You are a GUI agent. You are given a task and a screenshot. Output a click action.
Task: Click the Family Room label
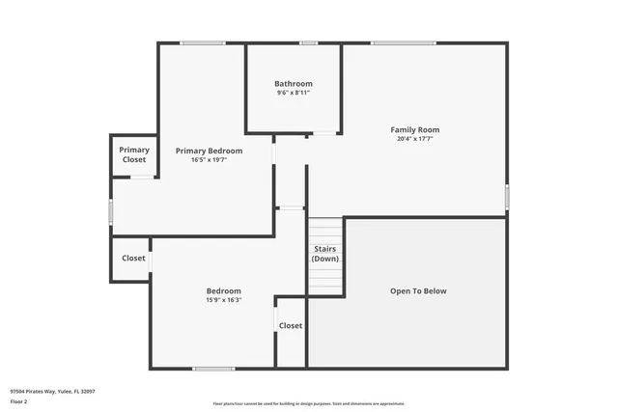[x=414, y=129]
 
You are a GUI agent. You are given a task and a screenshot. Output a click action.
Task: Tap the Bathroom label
[x=294, y=84]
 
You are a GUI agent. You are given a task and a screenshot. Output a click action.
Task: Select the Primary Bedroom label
[x=209, y=151]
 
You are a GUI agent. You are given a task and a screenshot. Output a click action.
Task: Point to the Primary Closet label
[x=134, y=154]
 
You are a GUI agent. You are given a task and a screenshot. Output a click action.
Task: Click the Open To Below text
[x=418, y=290]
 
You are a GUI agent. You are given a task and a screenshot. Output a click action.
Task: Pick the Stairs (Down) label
[x=325, y=254]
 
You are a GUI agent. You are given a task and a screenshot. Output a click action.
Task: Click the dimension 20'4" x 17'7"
[x=414, y=139]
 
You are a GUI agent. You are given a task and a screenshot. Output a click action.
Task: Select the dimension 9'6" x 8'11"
[x=294, y=93]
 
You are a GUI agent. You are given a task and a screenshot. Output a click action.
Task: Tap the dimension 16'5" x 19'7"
[x=209, y=160]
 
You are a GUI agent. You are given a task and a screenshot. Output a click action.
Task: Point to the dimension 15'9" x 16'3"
[x=224, y=300]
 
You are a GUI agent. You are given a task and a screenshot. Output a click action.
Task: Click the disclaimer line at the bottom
[x=308, y=403]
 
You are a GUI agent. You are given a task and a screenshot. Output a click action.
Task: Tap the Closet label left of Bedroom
[x=133, y=258]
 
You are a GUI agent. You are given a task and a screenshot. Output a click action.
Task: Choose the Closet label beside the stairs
[x=291, y=325]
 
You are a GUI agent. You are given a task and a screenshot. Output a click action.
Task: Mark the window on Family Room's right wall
[x=507, y=197]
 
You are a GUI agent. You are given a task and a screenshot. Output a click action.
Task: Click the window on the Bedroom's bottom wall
[x=213, y=369]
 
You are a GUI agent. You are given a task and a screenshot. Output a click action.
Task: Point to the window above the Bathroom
[x=308, y=42]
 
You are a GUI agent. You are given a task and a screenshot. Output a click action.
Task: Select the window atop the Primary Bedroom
[x=203, y=42]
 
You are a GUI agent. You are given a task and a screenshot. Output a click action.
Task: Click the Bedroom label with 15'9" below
[x=224, y=290]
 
